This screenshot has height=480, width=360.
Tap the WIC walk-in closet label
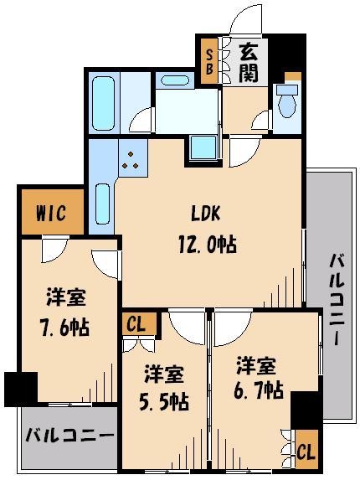coord(50,214)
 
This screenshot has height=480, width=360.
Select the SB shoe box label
coord(209,61)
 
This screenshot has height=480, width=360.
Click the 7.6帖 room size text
coord(67,326)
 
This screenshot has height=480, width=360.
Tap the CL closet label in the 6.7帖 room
coord(307,451)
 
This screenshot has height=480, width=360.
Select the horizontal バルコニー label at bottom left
coord(69,437)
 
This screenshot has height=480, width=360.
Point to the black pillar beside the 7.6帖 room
coord(21,389)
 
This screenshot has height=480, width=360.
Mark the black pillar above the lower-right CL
coord(306,410)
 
